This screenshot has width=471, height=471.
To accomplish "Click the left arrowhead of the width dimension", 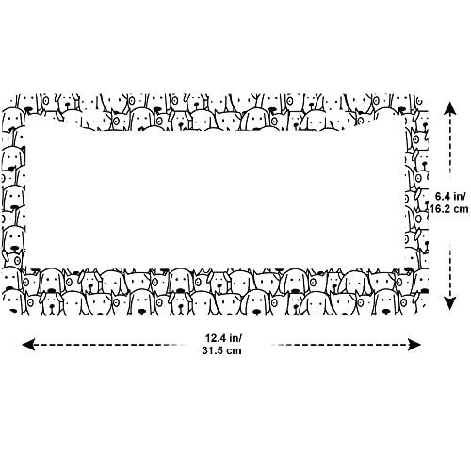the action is pyautogui.click(x=27, y=345).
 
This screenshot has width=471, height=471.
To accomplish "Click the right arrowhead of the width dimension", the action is pyautogui.click(x=414, y=345).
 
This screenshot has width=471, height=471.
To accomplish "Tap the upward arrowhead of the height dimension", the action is pyautogui.click(x=450, y=108).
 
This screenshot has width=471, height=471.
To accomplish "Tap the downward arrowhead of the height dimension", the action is pyautogui.click(x=450, y=303).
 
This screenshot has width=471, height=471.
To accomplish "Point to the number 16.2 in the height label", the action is pyautogui.click(x=440, y=209).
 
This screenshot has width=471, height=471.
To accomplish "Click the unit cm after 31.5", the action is pyautogui.click(x=235, y=350).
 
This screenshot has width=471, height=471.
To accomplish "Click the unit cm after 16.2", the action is pyautogui.click(x=461, y=209).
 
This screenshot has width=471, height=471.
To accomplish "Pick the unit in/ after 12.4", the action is pyautogui.click(x=235, y=338).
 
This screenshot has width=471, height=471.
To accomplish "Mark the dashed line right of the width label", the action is pyautogui.click(x=339, y=345).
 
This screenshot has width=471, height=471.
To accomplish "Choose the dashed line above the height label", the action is pyautogui.click(x=450, y=148).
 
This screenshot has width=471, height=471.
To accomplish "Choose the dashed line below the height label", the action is pyautogui.click(x=450, y=270).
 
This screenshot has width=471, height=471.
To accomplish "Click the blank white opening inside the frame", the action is pyautogui.click(x=215, y=198).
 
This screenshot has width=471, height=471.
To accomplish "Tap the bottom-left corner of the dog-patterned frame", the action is pyautogui.click(x=3, y=314).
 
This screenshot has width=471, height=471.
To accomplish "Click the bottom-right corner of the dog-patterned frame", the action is pyautogui.click(x=428, y=314).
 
